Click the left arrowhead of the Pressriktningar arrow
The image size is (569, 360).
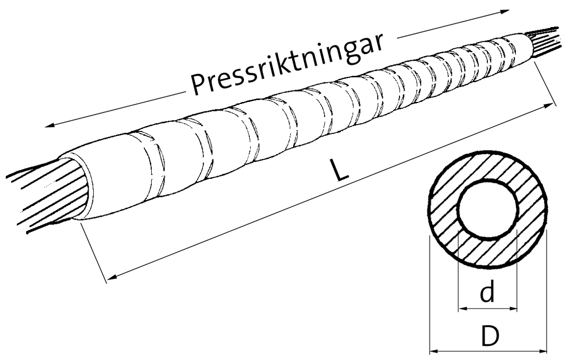click(48, 126)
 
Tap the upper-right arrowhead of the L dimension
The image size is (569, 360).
click(551, 105)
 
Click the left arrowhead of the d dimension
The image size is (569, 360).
click(462, 309)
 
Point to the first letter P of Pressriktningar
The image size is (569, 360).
click(199, 84)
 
